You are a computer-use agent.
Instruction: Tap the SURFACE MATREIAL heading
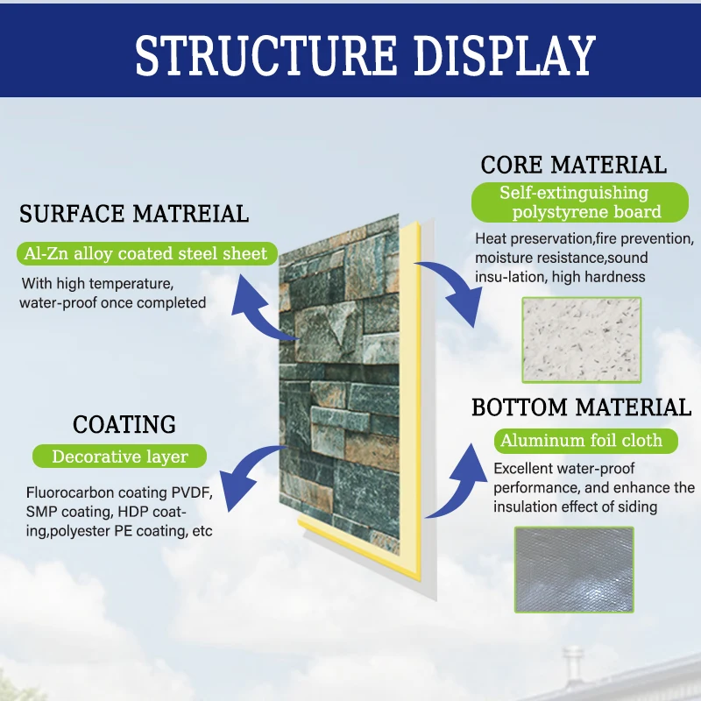pos(134,213)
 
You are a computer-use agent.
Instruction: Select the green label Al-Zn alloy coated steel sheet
pos(147,254)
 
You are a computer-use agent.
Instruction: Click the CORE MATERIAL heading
pos(573,165)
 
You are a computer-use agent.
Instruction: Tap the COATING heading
pos(124,425)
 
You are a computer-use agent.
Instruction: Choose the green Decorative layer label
pos(119,457)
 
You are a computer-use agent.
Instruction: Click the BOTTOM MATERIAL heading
pos(581,407)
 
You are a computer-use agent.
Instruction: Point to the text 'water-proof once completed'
pos(112,303)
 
